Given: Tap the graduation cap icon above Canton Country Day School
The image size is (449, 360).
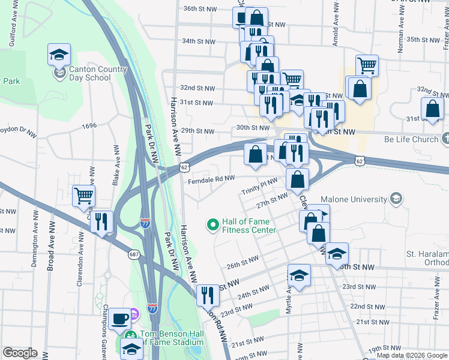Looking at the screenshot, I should click(59, 55).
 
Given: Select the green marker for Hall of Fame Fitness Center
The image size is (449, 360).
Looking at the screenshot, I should click(212, 225).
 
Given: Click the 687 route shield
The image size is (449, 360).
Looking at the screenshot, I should click(134, 254).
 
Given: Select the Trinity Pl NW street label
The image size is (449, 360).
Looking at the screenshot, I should click(259, 185).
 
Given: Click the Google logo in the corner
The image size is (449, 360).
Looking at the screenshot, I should click(20, 353).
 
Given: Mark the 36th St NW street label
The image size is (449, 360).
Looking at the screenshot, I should click(199, 9).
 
